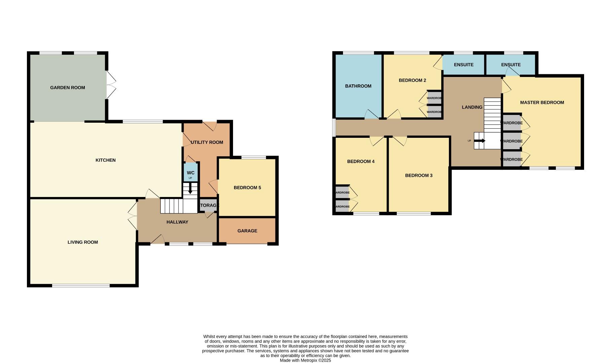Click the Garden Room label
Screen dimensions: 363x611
pyautogui.click(x=68, y=88)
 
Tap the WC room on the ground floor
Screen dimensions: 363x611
pyautogui.click(x=191, y=173)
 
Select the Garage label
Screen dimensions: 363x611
pyautogui.click(x=247, y=231)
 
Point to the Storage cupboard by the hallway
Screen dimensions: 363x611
pyautogui.click(x=208, y=205)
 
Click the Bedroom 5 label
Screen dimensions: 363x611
pyautogui.click(x=247, y=188)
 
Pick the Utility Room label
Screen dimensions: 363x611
pyautogui.click(x=207, y=142)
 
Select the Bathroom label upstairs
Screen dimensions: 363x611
pyautogui.click(x=358, y=86)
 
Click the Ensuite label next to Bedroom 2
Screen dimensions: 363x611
pyautogui.click(x=463, y=65)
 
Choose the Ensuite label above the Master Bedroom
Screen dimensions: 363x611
pyautogui.click(x=510, y=65)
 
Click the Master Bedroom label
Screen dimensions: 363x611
pyautogui.click(x=542, y=103)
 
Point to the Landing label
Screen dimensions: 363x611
pyautogui.click(x=472, y=107)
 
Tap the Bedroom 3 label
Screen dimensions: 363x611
pyautogui.click(x=419, y=175)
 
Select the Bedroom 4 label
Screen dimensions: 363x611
pyautogui.click(x=360, y=161)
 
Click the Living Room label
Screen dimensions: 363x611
pyautogui.click(x=83, y=242)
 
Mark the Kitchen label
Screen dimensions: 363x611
pyautogui.click(x=106, y=160)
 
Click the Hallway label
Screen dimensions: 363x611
pyautogui.click(x=177, y=222)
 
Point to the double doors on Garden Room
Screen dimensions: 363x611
pyautogui.click(x=111, y=85)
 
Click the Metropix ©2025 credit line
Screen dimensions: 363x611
pyautogui.click(x=305, y=360)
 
